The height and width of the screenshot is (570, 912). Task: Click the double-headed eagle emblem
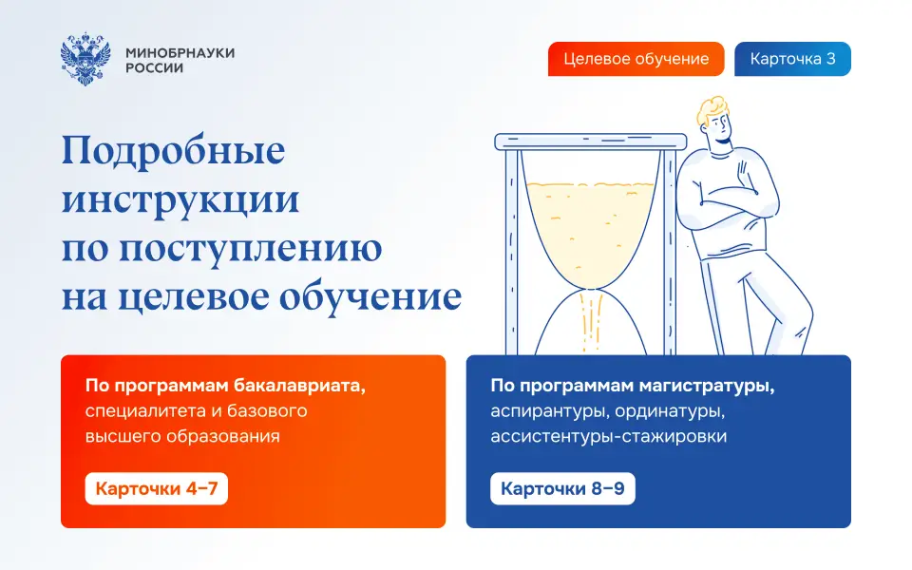[x=85, y=59]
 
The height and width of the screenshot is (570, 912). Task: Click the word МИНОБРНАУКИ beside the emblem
[x=180, y=52]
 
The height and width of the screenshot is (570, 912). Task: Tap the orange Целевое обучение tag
[x=636, y=59]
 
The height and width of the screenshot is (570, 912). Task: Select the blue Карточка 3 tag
[x=792, y=59]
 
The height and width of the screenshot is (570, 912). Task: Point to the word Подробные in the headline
[x=173, y=152]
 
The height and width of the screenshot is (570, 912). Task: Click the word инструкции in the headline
[x=180, y=200]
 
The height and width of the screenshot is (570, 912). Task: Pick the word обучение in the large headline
[x=370, y=297]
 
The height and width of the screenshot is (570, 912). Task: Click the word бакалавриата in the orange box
[x=299, y=386]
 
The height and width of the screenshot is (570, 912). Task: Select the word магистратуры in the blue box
[x=707, y=387]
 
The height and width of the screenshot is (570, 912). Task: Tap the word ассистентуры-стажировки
[x=608, y=436]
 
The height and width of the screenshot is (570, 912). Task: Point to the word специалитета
[x=145, y=411]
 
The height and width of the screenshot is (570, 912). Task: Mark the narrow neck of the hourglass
[x=590, y=289]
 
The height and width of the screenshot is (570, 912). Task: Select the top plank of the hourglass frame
[x=590, y=142]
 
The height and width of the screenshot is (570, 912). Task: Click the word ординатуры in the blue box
[x=670, y=411]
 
